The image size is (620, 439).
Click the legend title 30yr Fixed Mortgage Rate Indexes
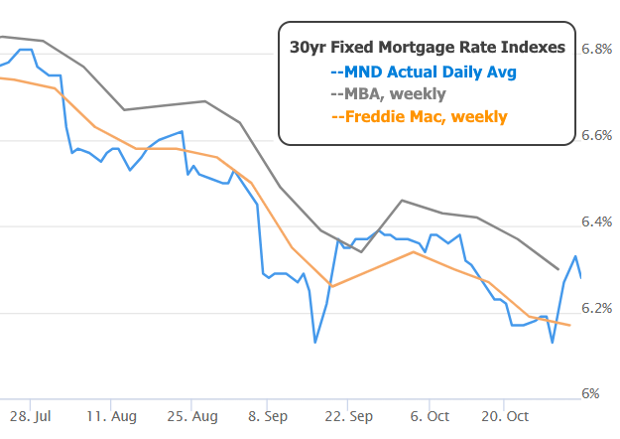[x=428, y=47]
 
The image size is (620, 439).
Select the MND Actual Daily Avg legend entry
[x=424, y=72]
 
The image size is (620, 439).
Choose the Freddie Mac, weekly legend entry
[x=419, y=117]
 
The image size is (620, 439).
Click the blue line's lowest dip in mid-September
[x=314, y=343]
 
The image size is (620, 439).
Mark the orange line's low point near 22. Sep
[x=331, y=287]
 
